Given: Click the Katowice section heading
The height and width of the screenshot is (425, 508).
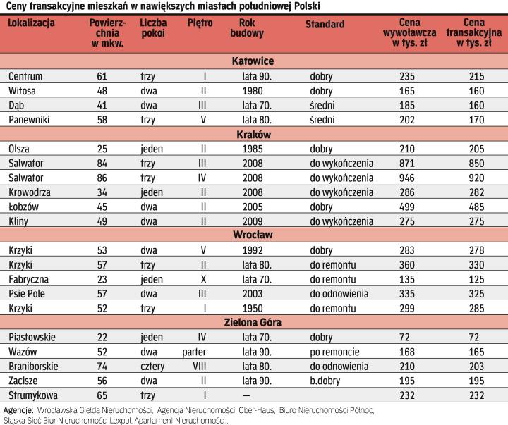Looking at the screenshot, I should pyautogui.click(x=253, y=61).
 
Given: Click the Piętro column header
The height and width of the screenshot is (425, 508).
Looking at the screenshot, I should pyautogui.click(x=200, y=25).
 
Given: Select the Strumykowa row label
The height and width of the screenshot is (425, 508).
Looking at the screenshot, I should pyautogui.click(x=32, y=396).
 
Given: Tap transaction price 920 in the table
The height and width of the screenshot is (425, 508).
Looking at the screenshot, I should pyautogui.click(x=474, y=178).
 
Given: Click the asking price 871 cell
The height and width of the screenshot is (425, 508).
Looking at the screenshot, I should pyautogui.click(x=407, y=164).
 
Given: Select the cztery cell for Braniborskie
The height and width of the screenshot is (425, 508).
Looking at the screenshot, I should pyautogui.click(x=153, y=367).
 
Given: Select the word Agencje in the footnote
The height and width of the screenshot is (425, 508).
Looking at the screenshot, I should pyautogui.click(x=19, y=410).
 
